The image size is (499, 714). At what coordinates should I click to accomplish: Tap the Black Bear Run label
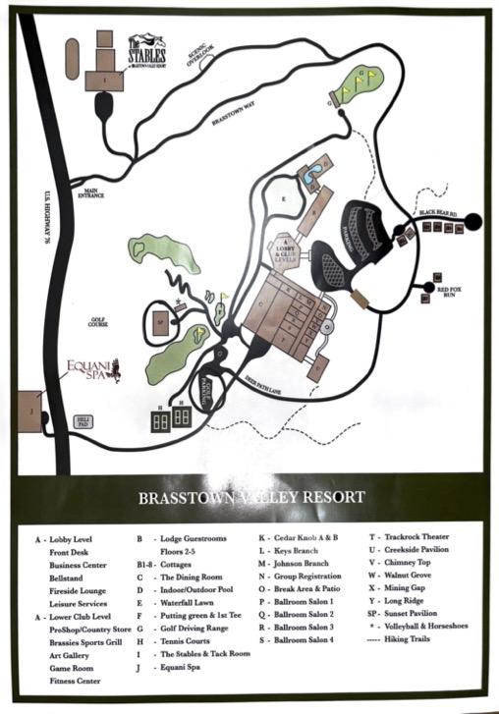pyautogui.click(x=438, y=212)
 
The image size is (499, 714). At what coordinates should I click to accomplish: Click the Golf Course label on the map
pyautogui.click(x=94, y=322)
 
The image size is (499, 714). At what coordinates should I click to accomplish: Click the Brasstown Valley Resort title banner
pyautogui.click(x=252, y=497)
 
